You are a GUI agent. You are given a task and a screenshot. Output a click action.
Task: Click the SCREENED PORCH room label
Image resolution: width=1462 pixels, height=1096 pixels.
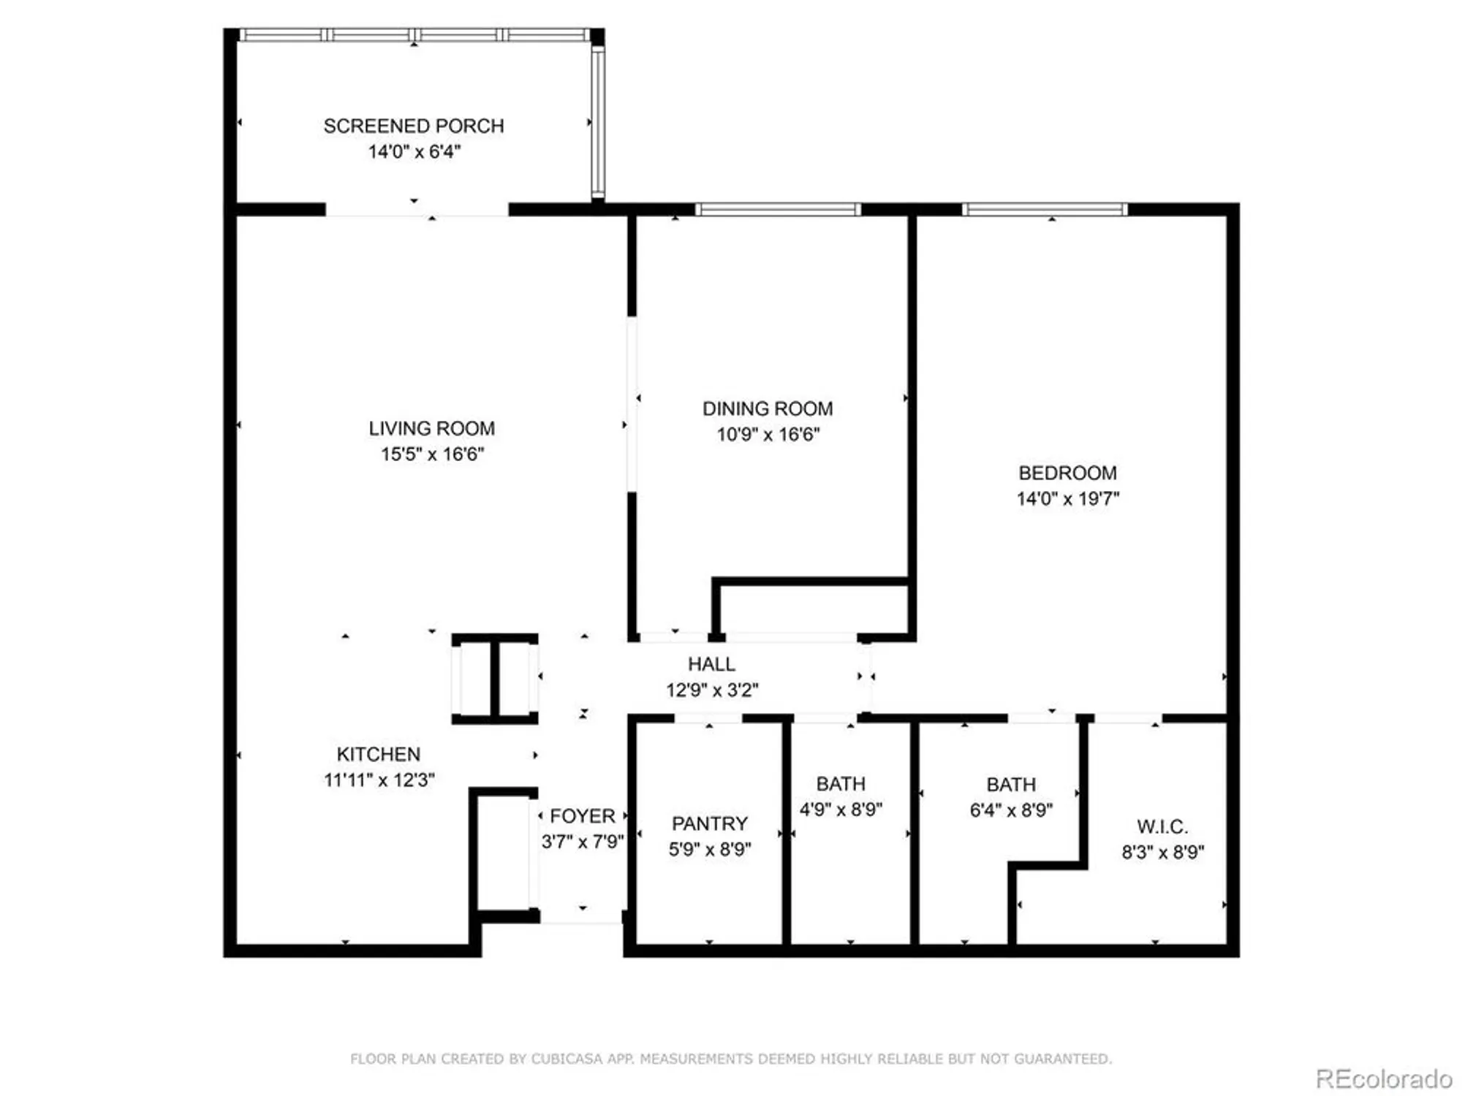coord(414,126)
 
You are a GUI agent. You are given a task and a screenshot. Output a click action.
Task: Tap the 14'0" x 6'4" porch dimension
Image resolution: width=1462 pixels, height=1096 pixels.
coord(414,152)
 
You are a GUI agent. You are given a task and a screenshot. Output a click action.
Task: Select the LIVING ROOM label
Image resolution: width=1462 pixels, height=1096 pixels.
coord(431,428)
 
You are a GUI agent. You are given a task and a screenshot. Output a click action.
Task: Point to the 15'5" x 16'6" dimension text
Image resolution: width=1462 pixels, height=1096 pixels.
coord(431,454)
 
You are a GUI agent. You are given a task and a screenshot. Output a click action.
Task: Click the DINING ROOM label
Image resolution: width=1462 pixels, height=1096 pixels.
coord(768,408)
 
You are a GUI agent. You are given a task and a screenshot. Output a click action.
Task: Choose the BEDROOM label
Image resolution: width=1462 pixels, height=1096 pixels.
coord(1067,473)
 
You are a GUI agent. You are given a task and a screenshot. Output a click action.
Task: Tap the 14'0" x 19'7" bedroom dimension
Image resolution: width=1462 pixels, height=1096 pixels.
coord(1067,498)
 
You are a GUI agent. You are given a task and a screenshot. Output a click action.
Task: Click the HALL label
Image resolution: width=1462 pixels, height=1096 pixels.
coord(711,664)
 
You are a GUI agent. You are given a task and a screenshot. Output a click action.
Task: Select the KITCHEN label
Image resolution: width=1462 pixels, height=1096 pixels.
coord(378,754)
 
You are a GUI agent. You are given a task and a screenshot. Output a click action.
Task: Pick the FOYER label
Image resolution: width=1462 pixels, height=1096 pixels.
coord(582,816)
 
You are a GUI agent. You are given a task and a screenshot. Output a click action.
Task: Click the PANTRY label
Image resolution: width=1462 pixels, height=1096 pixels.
coord(709,823)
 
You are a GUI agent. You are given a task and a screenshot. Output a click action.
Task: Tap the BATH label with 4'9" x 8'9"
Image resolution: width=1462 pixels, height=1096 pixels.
coord(841,784)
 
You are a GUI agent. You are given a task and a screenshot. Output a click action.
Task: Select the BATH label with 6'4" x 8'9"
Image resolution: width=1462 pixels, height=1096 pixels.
coord(1011,785)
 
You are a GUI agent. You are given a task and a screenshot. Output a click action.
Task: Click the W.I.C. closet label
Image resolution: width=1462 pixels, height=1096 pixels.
coord(1162,826)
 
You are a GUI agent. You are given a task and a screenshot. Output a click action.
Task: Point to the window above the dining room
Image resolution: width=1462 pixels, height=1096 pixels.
coord(777,210)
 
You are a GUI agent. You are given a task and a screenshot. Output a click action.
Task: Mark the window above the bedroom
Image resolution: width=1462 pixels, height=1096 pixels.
coord(1044,210)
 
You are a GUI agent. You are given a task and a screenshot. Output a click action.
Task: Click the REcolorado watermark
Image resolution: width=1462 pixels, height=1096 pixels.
coord(1383,1078)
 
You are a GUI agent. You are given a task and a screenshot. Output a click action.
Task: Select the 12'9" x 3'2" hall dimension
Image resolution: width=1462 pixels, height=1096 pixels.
coord(711,690)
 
